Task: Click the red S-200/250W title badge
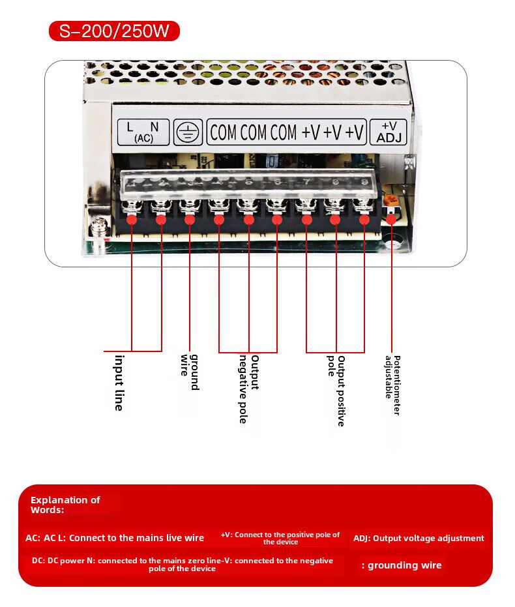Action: pos(114,31)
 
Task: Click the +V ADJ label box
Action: pos(389,132)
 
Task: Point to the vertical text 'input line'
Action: pos(119,382)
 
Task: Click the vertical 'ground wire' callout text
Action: pos(190,372)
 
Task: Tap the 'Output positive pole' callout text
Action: pos(336,390)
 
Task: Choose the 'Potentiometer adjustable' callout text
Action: pos(392,385)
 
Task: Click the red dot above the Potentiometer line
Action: pos(391,219)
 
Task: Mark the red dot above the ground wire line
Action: pos(190,219)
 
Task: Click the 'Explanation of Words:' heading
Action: pos(65,505)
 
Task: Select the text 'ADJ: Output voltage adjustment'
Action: pos(419,539)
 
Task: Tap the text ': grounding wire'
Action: pos(402,565)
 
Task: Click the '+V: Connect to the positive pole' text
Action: pos(280,538)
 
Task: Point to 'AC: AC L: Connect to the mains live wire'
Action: pos(115,538)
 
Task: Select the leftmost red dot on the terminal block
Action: pos(132,219)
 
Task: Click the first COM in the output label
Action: pos(223,132)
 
